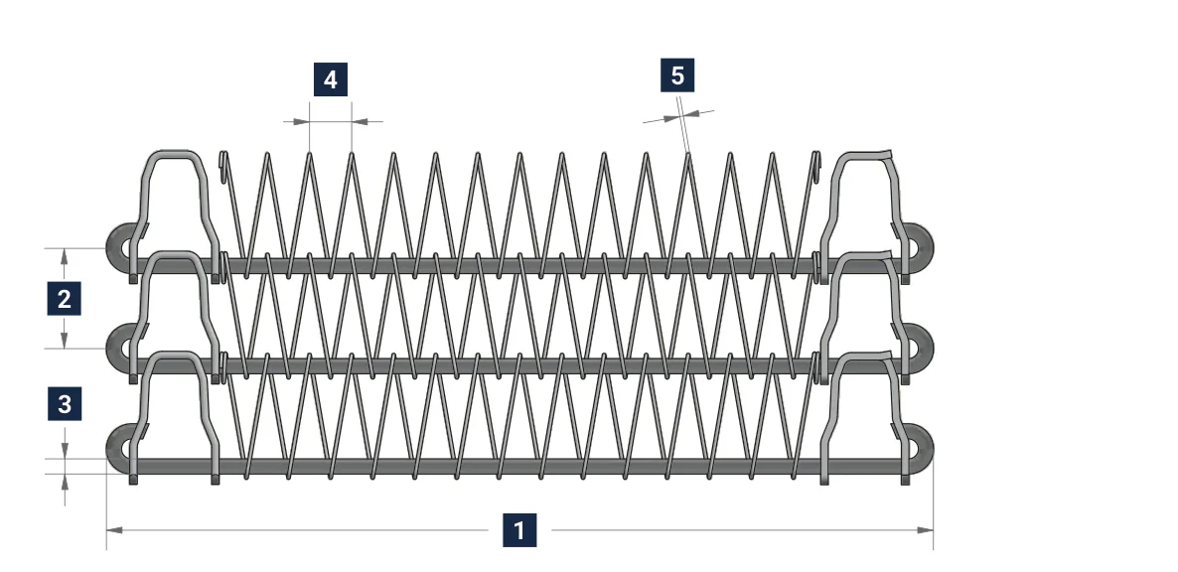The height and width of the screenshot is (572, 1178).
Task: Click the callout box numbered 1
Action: tap(519, 530)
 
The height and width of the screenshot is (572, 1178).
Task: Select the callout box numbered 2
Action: tap(64, 298)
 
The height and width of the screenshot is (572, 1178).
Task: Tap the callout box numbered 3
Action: tap(64, 404)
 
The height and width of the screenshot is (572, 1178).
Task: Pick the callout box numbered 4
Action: tap(331, 79)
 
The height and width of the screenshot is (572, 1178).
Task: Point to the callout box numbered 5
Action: tap(677, 75)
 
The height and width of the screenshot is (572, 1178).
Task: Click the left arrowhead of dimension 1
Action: tap(114, 530)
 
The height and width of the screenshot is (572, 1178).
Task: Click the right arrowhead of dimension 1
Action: tap(925, 530)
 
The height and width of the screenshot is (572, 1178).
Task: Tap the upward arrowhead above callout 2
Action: tap(64, 256)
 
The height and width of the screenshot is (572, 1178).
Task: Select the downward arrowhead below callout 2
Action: tap(64, 340)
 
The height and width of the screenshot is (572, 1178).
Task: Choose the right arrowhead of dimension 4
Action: tap(360, 121)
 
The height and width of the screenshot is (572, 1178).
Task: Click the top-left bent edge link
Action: tap(174, 153)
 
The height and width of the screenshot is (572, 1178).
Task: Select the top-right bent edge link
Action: tap(864, 155)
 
